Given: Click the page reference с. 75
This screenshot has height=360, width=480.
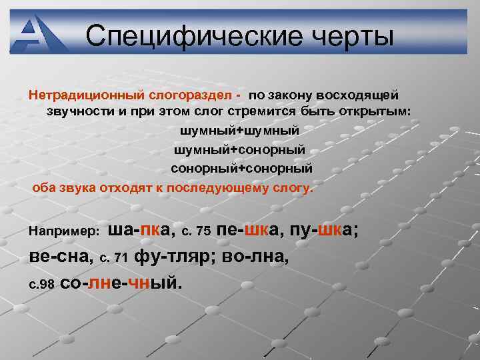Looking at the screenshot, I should pyautogui.click(x=196, y=231).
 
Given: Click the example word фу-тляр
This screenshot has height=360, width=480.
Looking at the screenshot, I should pyautogui.click(x=175, y=255).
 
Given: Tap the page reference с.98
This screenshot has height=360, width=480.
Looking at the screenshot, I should pyautogui.click(x=41, y=282).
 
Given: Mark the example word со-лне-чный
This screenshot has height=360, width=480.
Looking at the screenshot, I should pyautogui.click(x=121, y=281).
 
